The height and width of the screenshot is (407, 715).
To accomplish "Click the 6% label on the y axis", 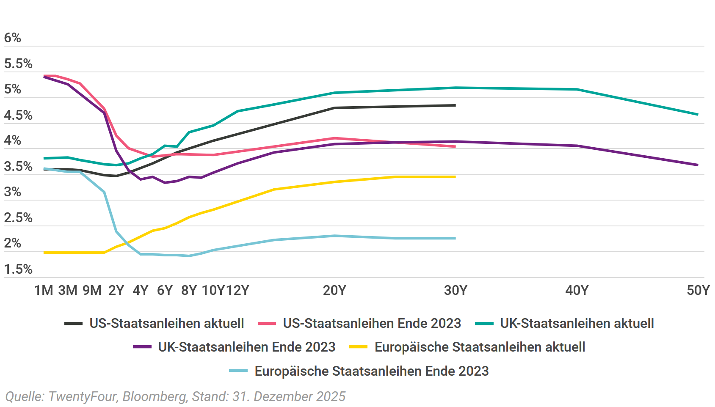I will (13, 38).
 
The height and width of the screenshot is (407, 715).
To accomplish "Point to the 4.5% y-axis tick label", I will (18, 115).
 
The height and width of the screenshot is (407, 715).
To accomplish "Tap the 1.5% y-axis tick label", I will (18, 269).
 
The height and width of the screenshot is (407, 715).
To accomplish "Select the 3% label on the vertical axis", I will (13, 192).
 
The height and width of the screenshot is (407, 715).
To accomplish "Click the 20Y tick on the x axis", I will (334, 290).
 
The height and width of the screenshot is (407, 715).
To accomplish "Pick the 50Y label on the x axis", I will (698, 290).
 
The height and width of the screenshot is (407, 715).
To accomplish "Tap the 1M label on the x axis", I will (44, 290).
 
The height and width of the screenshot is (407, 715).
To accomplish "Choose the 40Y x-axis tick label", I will (577, 290).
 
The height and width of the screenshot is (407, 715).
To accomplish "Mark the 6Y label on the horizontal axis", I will (165, 290).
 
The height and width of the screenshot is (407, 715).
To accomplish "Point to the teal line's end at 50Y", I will (698, 114).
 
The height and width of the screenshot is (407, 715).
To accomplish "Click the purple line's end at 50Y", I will (698, 165).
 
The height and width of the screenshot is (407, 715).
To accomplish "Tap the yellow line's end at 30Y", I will (455, 177).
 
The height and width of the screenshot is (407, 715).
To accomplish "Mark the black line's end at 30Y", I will (455, 105).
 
